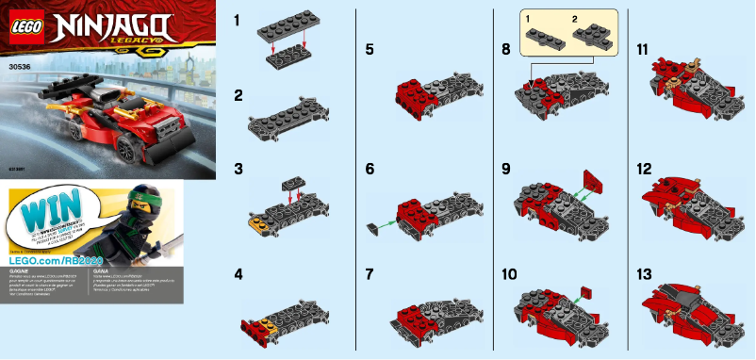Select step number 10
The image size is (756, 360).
pyautogui.click(x=510, y=275)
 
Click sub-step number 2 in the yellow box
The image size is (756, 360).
pyautogui.click(x=571, y=19)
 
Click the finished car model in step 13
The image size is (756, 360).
pyautogui.click(x=693, y=311)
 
